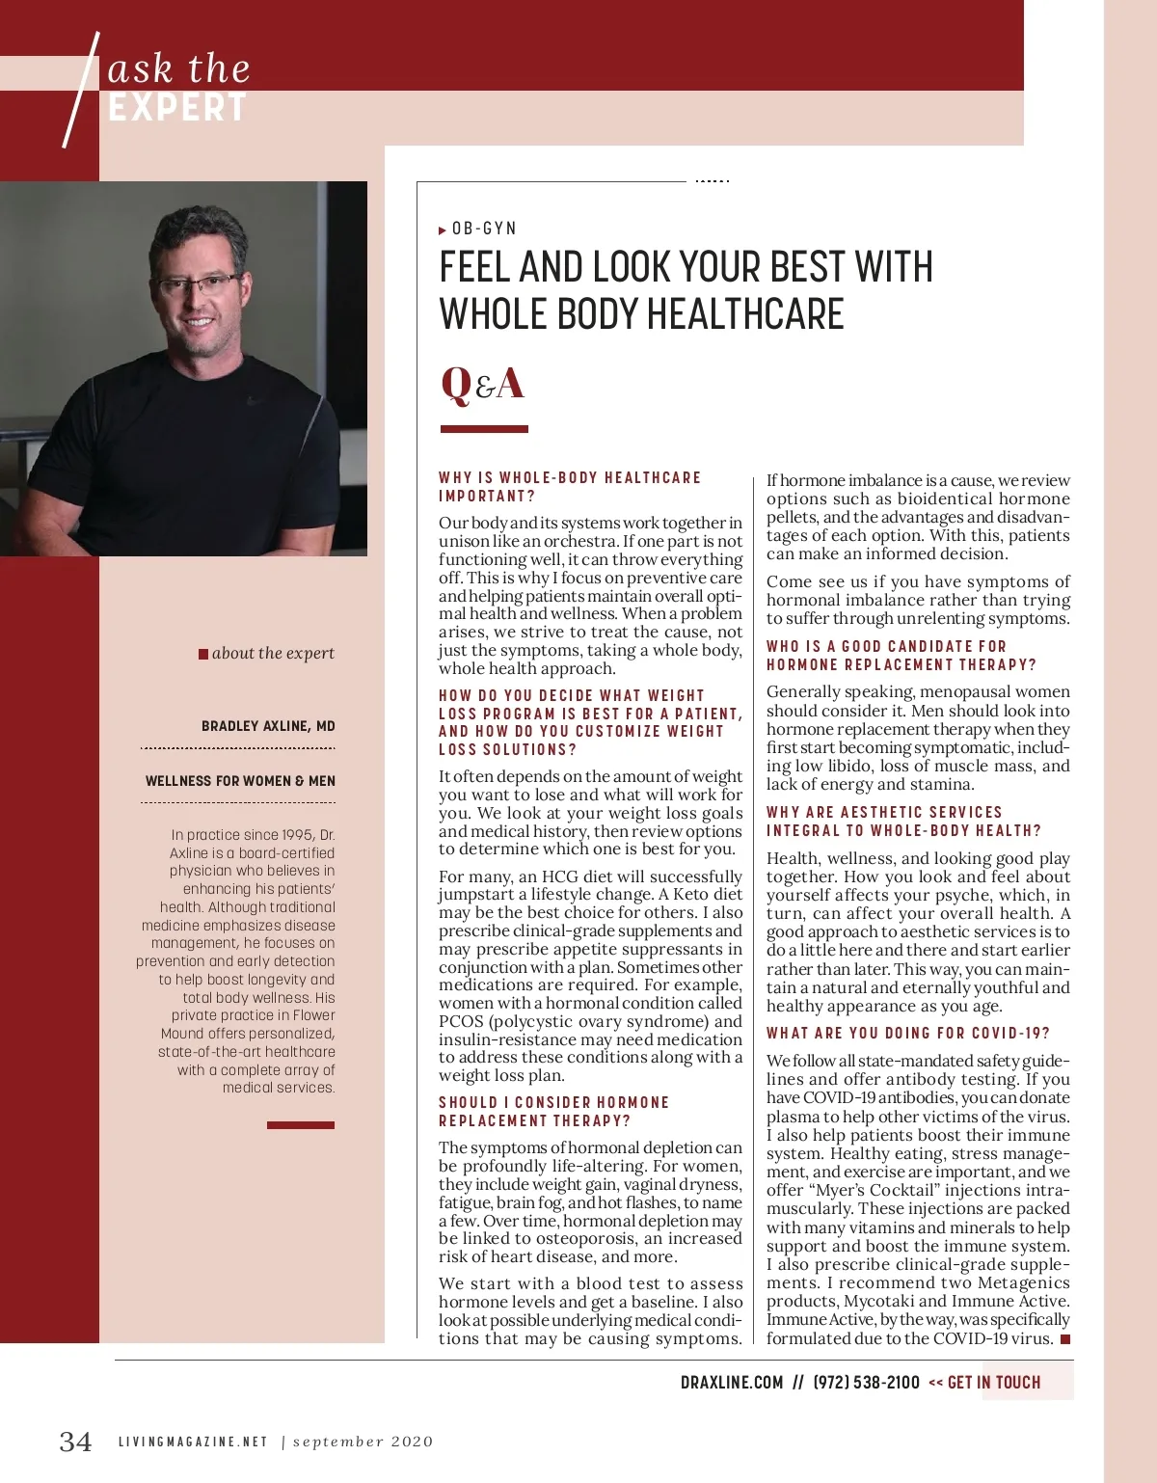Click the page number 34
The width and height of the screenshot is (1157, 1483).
(x=76, y=1442)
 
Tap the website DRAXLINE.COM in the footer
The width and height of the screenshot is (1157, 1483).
(x=732, y=1383)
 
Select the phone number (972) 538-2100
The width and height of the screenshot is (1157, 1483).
(x=866, y=1383)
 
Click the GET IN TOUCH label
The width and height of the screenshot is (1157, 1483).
(x=994, y=1383)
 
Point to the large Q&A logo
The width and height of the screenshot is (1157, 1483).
(x=482, y=384)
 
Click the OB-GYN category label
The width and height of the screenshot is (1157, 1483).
(x=484, y=229)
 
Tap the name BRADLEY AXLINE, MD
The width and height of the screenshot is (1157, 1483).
(x=268, y=726)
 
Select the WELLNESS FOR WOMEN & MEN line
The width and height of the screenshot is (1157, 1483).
(x=240, y=781)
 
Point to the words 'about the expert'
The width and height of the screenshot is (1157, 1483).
(x=273, y=653)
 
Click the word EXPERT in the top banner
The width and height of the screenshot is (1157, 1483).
(x=177, y=108)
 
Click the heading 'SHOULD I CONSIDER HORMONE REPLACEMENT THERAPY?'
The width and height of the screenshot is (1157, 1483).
(x=553, y=1111)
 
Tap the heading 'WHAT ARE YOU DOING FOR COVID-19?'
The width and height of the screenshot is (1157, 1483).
(x=908, y=1033)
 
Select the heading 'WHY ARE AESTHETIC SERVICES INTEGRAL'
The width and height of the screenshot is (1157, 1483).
(x=903, y=822)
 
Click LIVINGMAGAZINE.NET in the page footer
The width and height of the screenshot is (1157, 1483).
(x=193, y=1443)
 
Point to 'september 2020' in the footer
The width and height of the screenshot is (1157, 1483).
(x=363, y=1443)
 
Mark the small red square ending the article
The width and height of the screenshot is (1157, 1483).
(x=1065, y=1339)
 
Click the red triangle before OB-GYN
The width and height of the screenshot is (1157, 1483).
(x=443, y=230)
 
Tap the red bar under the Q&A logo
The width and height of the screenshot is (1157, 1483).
(x=484, y=429)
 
